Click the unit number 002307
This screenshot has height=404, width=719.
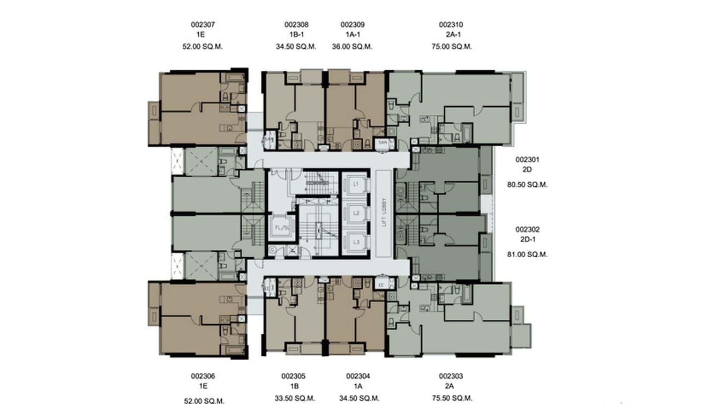pos(203,25)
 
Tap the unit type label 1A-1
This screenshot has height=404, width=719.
pos(353,35)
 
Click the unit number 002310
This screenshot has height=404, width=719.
pos(451,25)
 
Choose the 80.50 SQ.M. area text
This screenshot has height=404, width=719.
pos(527,185)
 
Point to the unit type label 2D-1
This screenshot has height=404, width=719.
pos(527,240)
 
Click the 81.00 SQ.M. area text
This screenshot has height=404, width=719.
pos(527,255)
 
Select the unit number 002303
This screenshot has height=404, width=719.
pos(451,376)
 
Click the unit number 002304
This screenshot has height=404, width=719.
pos(358,376)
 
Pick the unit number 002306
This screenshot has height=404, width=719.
pos(203,376)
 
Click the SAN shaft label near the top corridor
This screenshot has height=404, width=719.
pos(383,143)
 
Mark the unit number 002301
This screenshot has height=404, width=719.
pos(527,160)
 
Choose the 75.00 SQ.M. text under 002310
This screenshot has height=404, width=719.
pos(454,47)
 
